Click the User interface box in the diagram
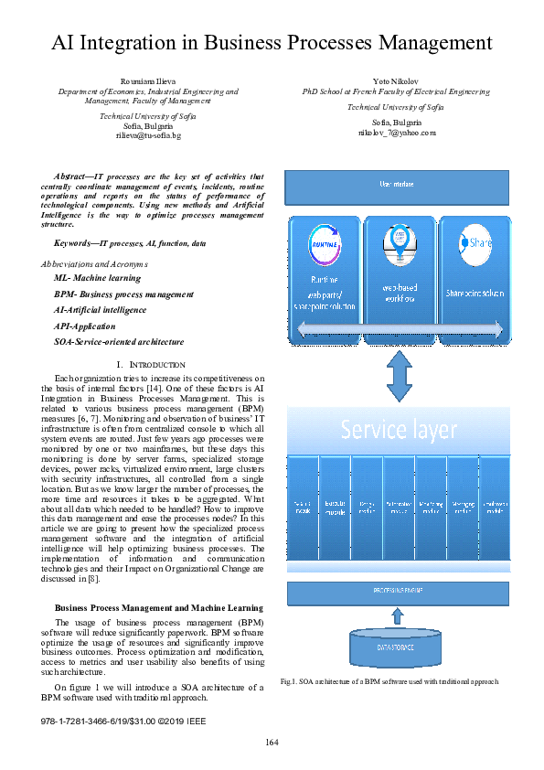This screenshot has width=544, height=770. pyautogui.click(x=397, y=186)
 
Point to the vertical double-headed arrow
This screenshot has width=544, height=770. pyautogui.click(x=397, y=370)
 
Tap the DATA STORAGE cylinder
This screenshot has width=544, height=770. pyautogui.click(x=397, y=647)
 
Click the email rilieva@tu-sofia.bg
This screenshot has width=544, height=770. pyautogui.click(x=148, y=135)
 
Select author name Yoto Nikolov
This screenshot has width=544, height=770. pyautogui.click(x=396, y=82)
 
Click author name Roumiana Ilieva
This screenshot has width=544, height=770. pyautogui.click(x=148, y=82)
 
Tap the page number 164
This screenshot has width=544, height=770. pyautogui.click(x=272, y=741)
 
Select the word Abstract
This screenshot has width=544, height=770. pyautogui.click(x=71, y=176)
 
